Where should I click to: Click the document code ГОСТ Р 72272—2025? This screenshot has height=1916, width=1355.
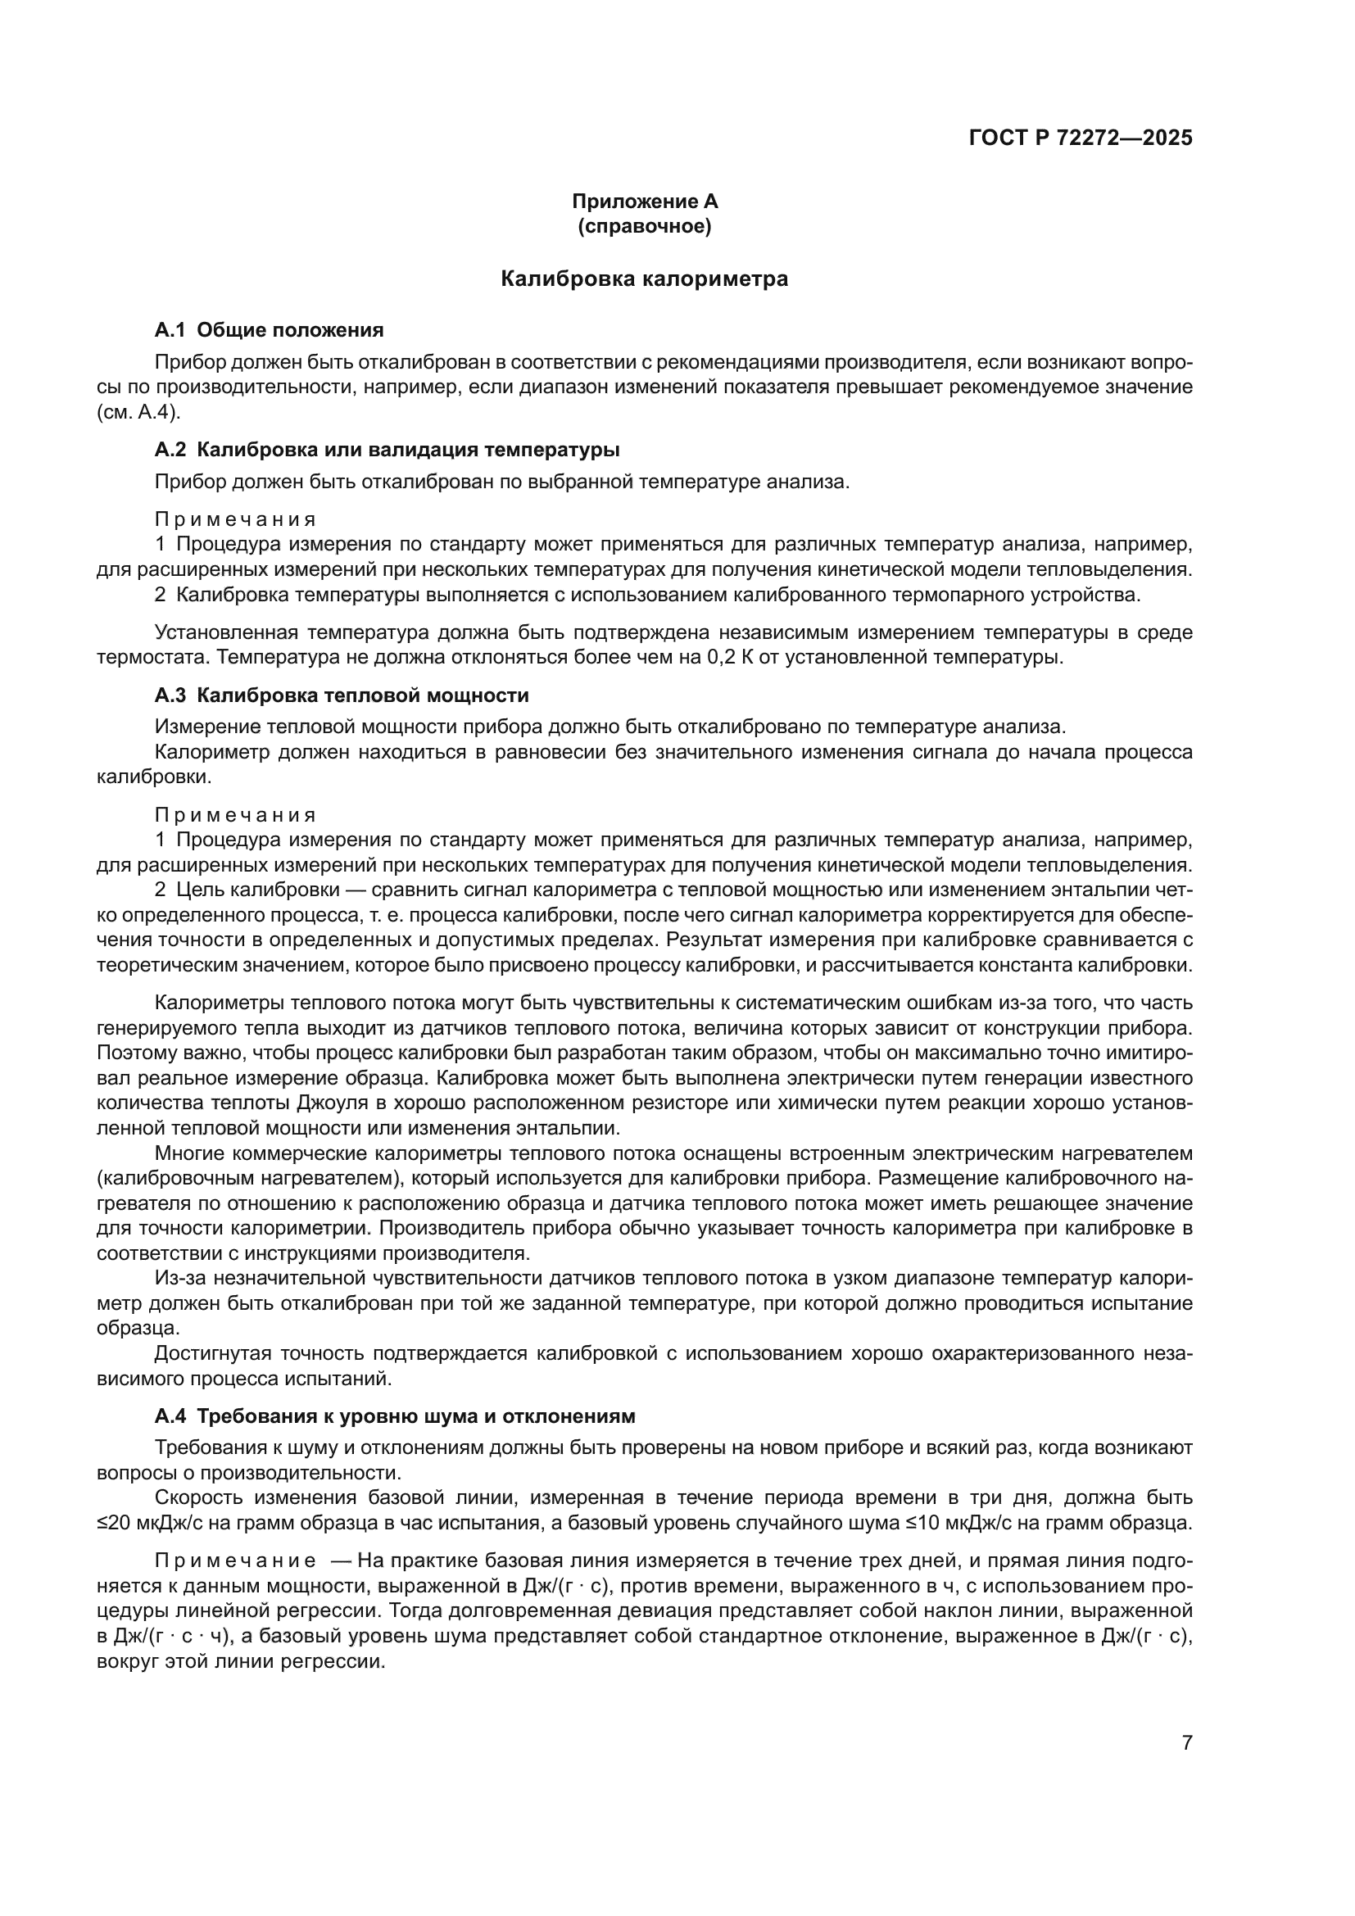pos(1081,138)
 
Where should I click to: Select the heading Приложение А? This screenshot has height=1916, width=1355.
pos(644,202)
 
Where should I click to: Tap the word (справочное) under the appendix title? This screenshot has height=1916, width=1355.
pos(644,226)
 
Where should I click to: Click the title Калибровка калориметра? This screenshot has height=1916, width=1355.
pos(644,279)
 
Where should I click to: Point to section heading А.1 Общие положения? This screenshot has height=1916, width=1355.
pos(269,329)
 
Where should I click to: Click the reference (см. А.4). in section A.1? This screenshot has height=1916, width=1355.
pos(138,412)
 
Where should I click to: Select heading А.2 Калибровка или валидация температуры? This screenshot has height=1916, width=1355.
pos(387,450)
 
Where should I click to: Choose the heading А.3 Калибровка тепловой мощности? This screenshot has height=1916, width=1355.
pos(342,695)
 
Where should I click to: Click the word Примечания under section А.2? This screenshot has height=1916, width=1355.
pos(236,519)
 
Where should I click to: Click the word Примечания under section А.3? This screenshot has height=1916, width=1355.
pos(236,814)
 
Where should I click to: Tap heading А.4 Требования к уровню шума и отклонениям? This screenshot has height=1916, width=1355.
pos(396,1416)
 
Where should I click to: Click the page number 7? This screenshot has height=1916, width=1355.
pos(1187,1742)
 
